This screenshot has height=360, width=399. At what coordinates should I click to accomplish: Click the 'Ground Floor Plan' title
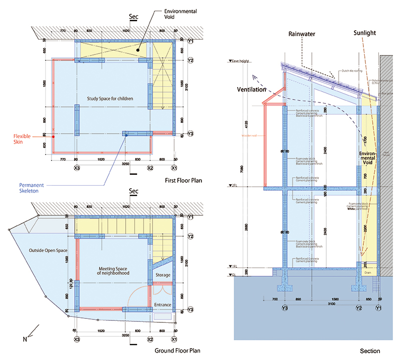point(180,351)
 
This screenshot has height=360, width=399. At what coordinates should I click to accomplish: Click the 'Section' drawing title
point(370,351)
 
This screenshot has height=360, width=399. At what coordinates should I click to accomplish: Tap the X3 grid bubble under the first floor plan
point(77,168)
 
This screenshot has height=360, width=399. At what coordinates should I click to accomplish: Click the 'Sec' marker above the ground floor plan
point(133,191)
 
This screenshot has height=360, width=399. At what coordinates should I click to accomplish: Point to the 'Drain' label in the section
point(367,272)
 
